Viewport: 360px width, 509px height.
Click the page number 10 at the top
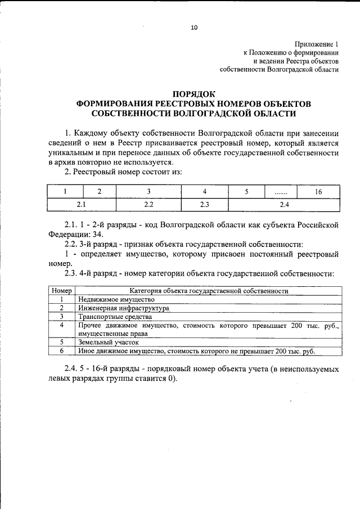pos(194,26)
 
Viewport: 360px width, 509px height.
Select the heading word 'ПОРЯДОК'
pos(193,94)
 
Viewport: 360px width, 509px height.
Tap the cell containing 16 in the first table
pos(318,191)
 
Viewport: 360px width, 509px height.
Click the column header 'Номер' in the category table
pos(61,291)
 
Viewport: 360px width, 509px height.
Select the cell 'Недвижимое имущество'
pos(112,300)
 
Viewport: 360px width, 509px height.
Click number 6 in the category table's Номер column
pos(61,350)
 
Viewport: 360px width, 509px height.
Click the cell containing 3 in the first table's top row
pos(149,191)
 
